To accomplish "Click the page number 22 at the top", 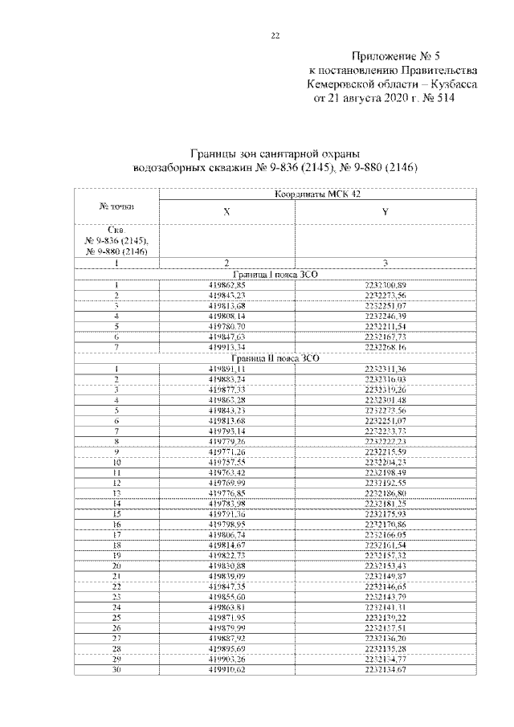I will [x=275, y=36].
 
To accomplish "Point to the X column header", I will [x=226, y=211].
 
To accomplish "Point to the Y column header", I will [x=385, y=211].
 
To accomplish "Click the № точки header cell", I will [x=116, y=206].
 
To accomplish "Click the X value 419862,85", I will [x=226, y=285].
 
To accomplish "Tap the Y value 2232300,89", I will [x=385, y=285].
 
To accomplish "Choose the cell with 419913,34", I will [x=226, y=347].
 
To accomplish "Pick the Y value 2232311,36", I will [x=385, y=368].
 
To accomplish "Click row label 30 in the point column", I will [x=116, y=669].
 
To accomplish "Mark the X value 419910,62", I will [x=226, y=669].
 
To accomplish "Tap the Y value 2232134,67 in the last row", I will [x=385, y=669].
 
